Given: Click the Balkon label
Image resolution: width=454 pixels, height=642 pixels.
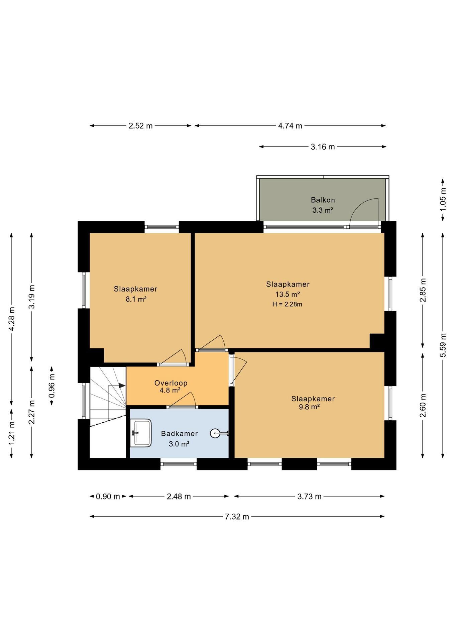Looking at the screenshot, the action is (x=323, y=200).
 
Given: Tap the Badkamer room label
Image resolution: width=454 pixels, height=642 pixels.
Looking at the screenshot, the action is (x=179, y=433).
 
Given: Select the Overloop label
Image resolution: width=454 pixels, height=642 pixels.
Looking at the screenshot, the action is (x=171, y=383).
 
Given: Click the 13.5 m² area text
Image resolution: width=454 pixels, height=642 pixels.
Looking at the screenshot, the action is (x=287, y=294).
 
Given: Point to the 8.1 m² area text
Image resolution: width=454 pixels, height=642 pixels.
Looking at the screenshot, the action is (x=136, y=299).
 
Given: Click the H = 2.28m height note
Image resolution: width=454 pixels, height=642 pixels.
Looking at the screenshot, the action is (x=287, y=304).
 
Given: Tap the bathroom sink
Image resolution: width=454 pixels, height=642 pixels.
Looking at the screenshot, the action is (x=141, y=433).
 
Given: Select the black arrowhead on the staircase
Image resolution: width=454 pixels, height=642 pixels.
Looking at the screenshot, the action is (x=122, y=386).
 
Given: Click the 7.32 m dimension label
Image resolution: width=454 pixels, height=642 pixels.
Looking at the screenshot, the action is (x=237, y=517).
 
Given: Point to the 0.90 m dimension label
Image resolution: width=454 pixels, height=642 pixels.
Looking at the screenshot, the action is (x=108, y=497).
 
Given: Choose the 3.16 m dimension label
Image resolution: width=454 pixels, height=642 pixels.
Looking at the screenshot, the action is (x=323, y=147).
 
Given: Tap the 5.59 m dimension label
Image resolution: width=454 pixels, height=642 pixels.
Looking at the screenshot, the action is (x=443, y=345).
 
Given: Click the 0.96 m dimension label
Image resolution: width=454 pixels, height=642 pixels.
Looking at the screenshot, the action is (x=52, y=386).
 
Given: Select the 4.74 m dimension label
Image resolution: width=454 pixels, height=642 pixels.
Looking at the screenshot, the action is (x=290, y=126).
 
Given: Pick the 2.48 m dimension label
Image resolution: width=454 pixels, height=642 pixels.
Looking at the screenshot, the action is (x=179, y=497).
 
